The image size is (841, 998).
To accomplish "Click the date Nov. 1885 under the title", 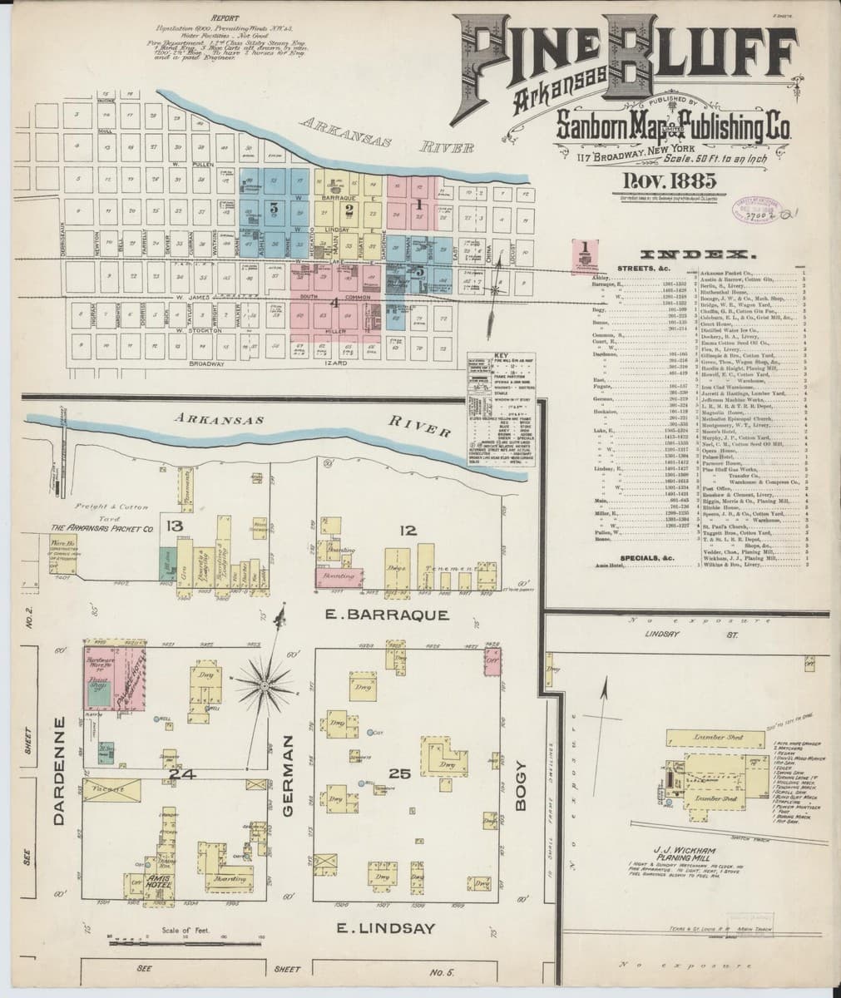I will point(663,181).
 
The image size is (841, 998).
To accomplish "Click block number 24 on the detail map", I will point(181,774).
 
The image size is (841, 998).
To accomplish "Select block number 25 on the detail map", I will point(400,774).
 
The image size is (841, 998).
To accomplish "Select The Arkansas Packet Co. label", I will point(103,528).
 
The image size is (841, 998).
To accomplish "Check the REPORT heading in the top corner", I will point(225,17).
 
